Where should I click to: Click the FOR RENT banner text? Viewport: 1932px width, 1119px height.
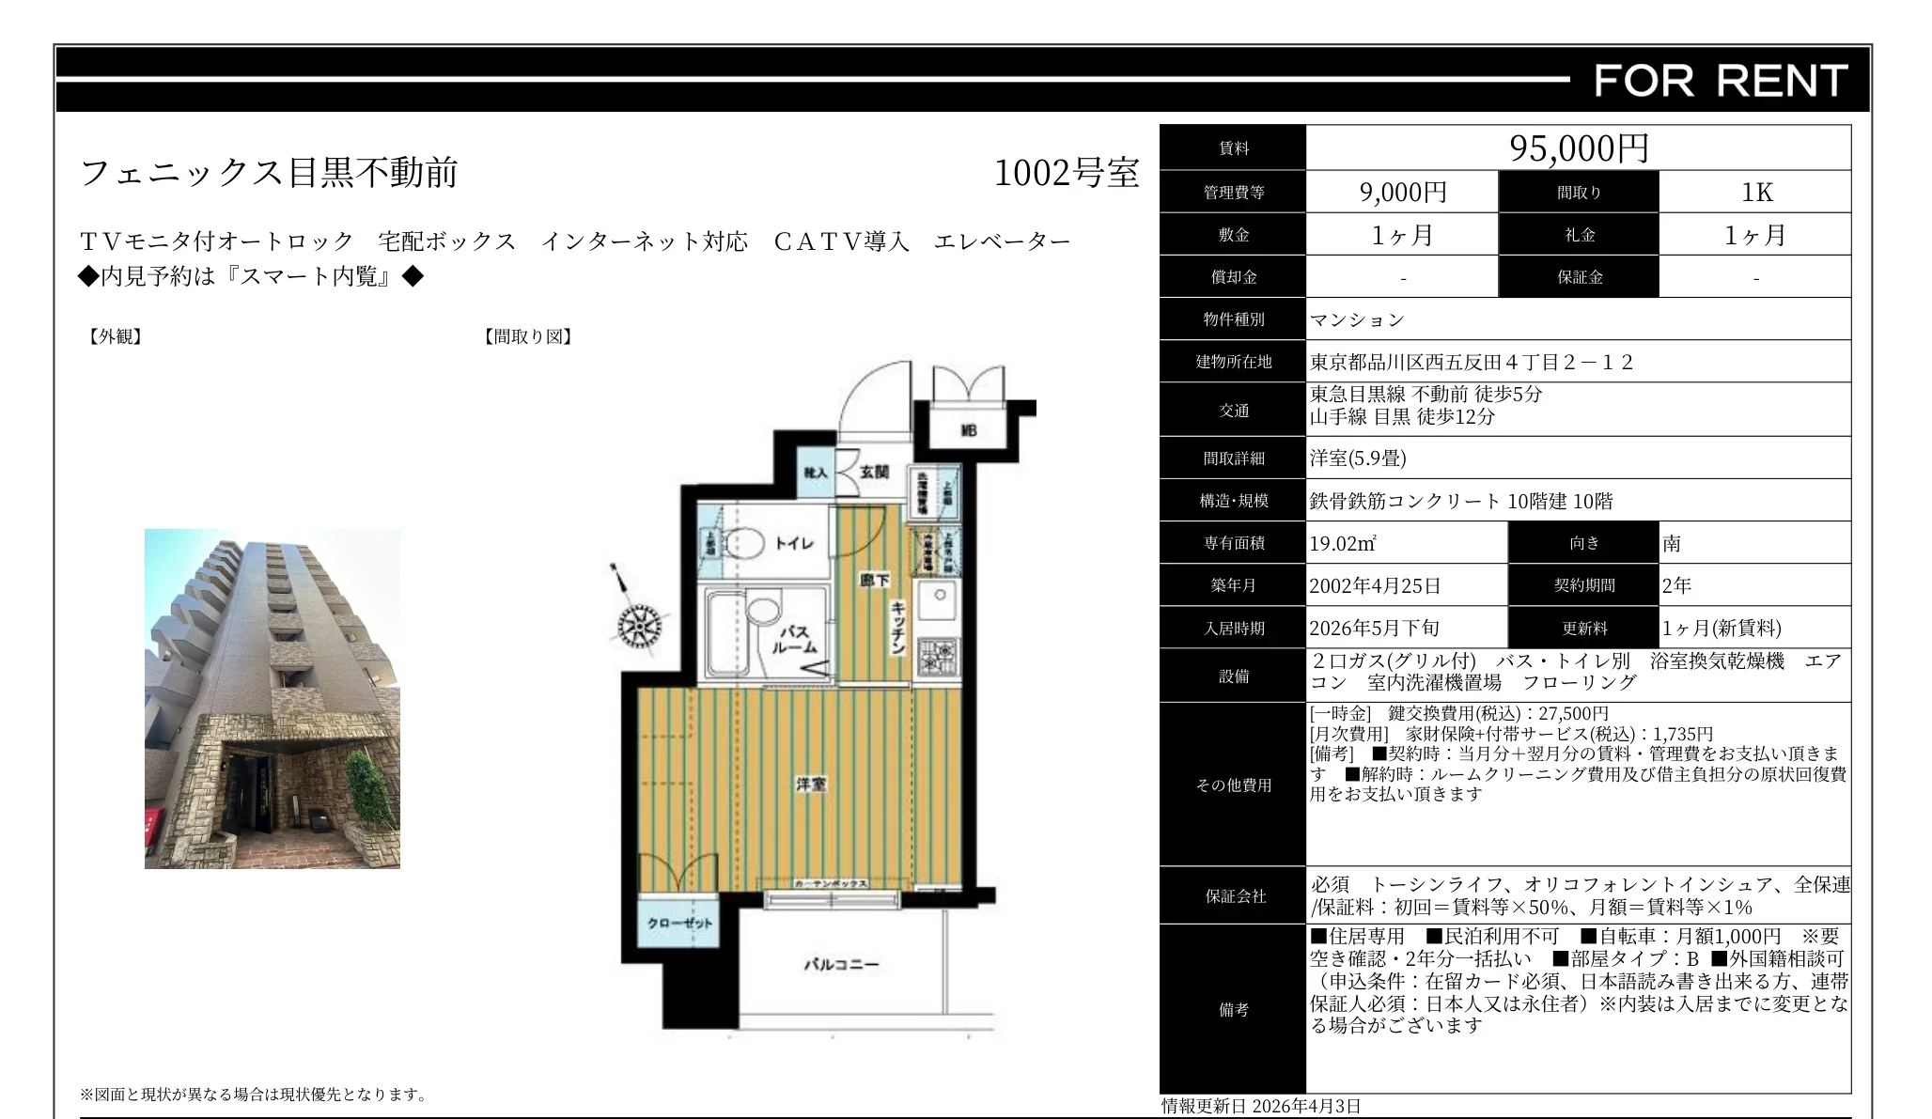[1721, 81]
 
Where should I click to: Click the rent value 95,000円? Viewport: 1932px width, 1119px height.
[1579, 148]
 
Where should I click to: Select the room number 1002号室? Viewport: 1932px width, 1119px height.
[1066, 173]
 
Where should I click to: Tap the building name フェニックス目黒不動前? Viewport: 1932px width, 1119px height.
[269, 173]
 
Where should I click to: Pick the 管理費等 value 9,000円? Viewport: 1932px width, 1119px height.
[1402, 193]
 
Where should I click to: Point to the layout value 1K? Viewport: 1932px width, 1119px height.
[1756, 193]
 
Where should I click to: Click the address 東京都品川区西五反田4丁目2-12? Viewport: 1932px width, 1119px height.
[1472, 362]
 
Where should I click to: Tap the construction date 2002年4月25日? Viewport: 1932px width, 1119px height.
[1375, 585]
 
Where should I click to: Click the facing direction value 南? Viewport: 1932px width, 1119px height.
[1672, 543]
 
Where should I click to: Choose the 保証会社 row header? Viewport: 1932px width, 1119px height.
[1234, 896]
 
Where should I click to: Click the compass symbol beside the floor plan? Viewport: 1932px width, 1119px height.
[640, 625]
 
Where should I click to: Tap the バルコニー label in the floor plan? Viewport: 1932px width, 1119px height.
[841, 964]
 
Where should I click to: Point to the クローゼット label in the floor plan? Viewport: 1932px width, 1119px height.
[679, 923]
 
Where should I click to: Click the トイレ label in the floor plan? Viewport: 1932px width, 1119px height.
[794, 543]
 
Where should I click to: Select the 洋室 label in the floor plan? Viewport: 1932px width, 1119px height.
[811, 784]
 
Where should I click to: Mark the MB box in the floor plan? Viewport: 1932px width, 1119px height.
[968, 430]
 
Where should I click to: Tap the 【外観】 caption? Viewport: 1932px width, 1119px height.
[115, 336]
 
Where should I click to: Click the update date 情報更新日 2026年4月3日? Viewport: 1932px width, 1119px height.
[1260, 1106]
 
